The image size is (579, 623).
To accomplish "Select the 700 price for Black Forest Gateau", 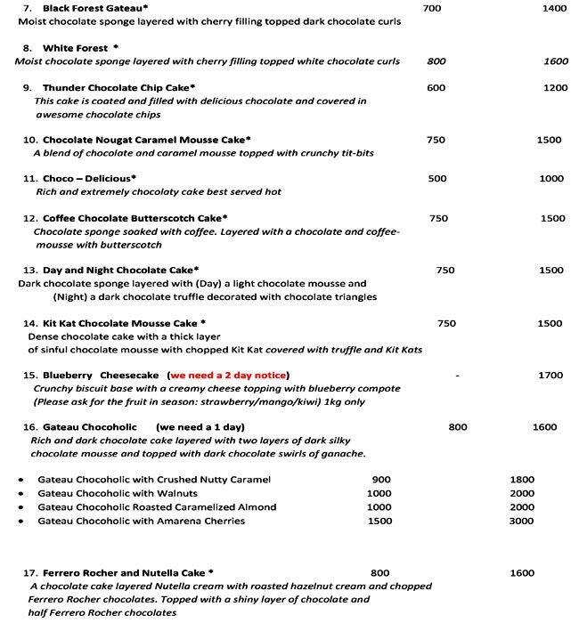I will pyautogui.click(x=432, y=8).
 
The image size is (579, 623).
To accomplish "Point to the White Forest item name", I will pyautogui.click(x=76, y=48).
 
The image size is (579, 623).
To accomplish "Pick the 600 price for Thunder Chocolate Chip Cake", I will pyautogui.click(x=436, y=88).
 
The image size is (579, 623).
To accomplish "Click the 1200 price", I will pyautogui.click(x=555, y=88).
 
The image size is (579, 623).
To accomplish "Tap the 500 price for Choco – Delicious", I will pyautogui.click(x=437, y=179).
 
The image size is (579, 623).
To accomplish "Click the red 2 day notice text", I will pyautogui.click(x=230, y=375).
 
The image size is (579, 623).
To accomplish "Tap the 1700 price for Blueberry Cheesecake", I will pyautogui.click(x=550, y=376).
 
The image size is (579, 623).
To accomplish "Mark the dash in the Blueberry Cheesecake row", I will pyautogui.click(x=457, y=376).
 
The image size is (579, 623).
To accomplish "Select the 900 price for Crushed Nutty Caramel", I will pyautogui.click(x=379, y=480).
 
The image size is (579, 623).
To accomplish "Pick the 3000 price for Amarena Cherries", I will pyautogui.click(x=522, y=521).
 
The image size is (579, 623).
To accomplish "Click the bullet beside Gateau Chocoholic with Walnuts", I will pyautogui.click(x=20, y=494).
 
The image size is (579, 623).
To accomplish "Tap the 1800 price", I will pyautogui.click(x=522, y=480).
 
